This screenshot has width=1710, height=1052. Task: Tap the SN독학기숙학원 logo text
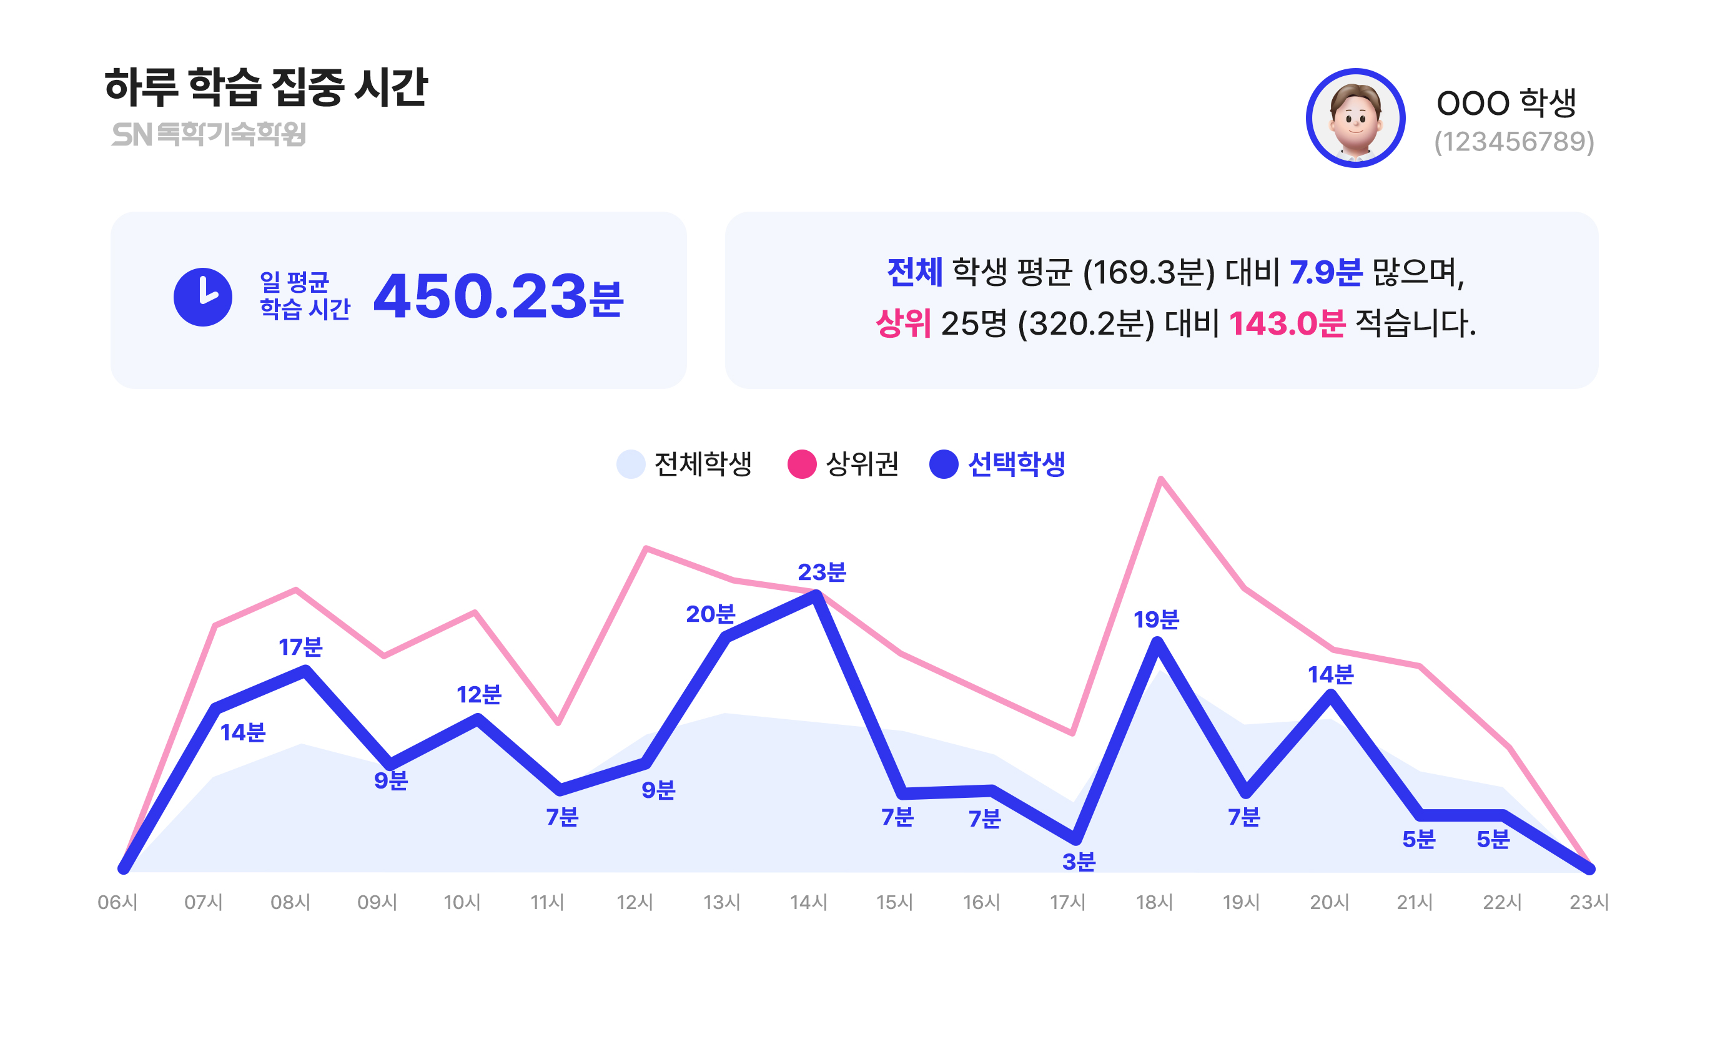pyautogui.click(x=209, y=134)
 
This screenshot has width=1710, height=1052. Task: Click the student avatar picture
pyautogui.click(x=1355, y=118)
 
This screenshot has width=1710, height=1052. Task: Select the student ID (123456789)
pyautogui.click(x=1513, y=142)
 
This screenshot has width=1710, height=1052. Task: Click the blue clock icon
pyautogui.click(x=202, y=297)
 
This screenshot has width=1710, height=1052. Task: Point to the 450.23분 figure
pyautogui.click(x=498, y=297)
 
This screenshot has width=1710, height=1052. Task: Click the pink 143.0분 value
pyautogui.click(x=1286, y=323)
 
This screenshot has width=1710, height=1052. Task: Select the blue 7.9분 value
pyautogui.click(x=1325, y=272)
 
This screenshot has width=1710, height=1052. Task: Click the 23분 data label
pyautogui.click(x=821, y=572)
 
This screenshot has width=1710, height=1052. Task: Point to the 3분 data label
pyautogui.click(x=1078, y=862)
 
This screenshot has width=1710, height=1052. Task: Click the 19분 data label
pyautogui.click(x=1155, y=619)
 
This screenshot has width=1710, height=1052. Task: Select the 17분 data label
pyautogui.click(x=300, y=647)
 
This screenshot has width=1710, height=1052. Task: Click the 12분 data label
pyautogui.click(x=479, y=694)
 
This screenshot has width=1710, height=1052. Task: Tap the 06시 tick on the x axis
pyautogui.click(x=117, y=902)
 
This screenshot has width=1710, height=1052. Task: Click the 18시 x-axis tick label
pyautogui.click(x=1155, y=902)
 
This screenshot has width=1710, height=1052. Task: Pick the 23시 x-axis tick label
pyautogui.click(x=1589, y=902)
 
